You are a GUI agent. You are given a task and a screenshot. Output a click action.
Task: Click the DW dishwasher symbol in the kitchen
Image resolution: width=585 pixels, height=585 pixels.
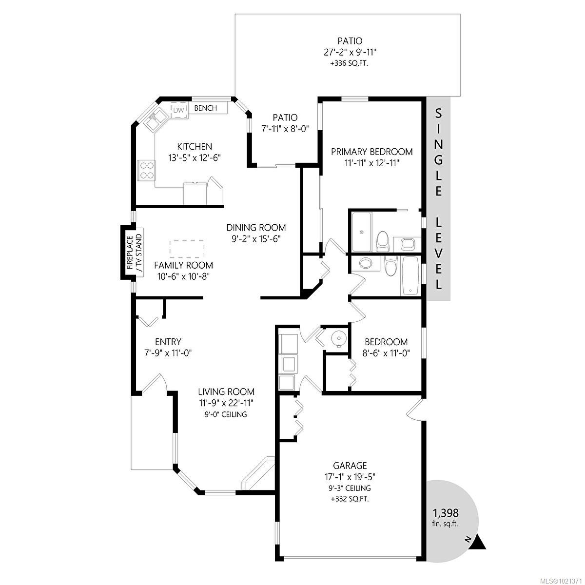(x=179, y=110)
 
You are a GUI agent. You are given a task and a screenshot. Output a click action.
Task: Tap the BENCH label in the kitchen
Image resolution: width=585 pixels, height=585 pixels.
(x=206, y=108)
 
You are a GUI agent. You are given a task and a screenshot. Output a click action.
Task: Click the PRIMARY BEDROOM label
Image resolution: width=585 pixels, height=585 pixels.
(x=371, y=152)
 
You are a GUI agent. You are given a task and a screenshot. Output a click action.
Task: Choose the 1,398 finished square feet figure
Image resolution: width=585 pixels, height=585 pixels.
(x=446, y=513)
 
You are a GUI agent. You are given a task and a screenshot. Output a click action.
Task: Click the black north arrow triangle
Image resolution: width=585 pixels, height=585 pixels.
(x=479, y=543)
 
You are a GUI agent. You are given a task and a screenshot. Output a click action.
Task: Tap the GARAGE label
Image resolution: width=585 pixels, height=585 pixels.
(x=350, y=466)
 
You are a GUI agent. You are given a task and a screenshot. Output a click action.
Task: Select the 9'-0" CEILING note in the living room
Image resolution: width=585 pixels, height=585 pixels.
(x=226, y=414)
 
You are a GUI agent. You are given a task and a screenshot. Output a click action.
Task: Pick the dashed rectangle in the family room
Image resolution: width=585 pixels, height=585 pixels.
(x=186, y=249)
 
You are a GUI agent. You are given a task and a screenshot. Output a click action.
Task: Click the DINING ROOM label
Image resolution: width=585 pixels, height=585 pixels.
(x=256, y=228)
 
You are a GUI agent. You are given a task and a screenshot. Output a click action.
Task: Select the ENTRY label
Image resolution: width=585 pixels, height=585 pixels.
(x=168, y=342)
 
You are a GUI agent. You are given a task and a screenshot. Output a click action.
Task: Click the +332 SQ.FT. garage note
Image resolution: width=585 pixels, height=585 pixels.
(x=350, y=499)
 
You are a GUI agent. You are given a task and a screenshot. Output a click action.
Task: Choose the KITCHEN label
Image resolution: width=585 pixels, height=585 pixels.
(x=194, y=146)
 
